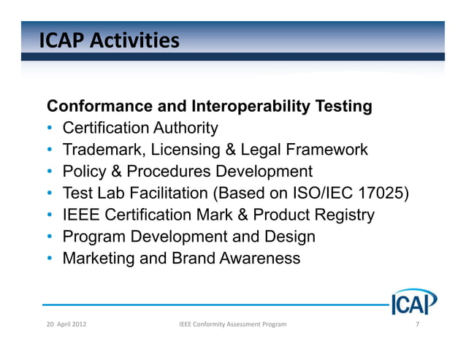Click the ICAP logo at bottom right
tap(413, 302)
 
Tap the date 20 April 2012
tap(65, 323)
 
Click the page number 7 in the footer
tap(416, 323)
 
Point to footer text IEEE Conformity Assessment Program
tap(232, 323)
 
